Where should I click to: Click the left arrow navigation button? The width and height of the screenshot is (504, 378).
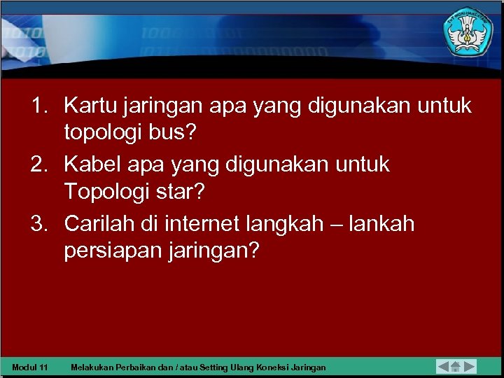coord(444,366)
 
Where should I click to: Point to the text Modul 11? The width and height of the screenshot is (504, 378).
coord(30,367)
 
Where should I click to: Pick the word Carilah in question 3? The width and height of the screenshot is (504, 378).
coord(98,224)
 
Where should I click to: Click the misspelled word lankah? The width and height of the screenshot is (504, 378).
coord(379,224)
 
